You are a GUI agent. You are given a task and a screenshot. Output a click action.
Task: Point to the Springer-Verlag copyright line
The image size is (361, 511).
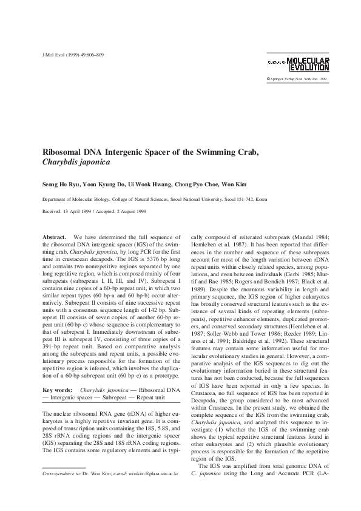tap(297, 79)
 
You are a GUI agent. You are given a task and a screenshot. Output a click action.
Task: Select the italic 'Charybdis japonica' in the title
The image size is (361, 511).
tap(77, 163)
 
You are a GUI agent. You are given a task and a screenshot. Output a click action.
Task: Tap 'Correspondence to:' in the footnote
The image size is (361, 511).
tap(61, 471)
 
